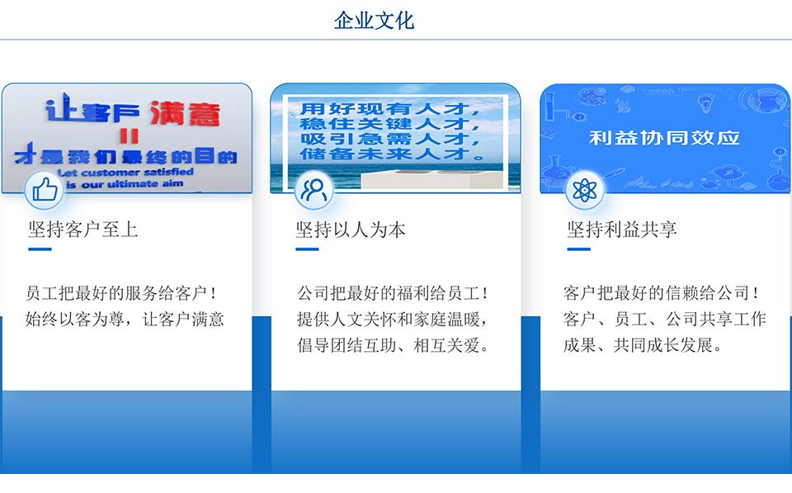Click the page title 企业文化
374,21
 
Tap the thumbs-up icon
45,190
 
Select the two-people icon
313,190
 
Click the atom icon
584,190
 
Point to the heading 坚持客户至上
82,229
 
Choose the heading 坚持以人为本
351,230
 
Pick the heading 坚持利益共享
622,230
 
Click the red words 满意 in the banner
185,113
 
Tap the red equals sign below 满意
130,135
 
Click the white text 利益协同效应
664,138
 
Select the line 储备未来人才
392,154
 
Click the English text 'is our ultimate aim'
125,184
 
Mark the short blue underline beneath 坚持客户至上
40,249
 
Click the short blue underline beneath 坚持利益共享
579,249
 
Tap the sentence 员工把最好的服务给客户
121,293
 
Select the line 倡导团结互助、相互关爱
393,345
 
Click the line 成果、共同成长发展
643,345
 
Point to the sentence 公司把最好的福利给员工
393,293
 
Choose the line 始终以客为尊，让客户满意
125,319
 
